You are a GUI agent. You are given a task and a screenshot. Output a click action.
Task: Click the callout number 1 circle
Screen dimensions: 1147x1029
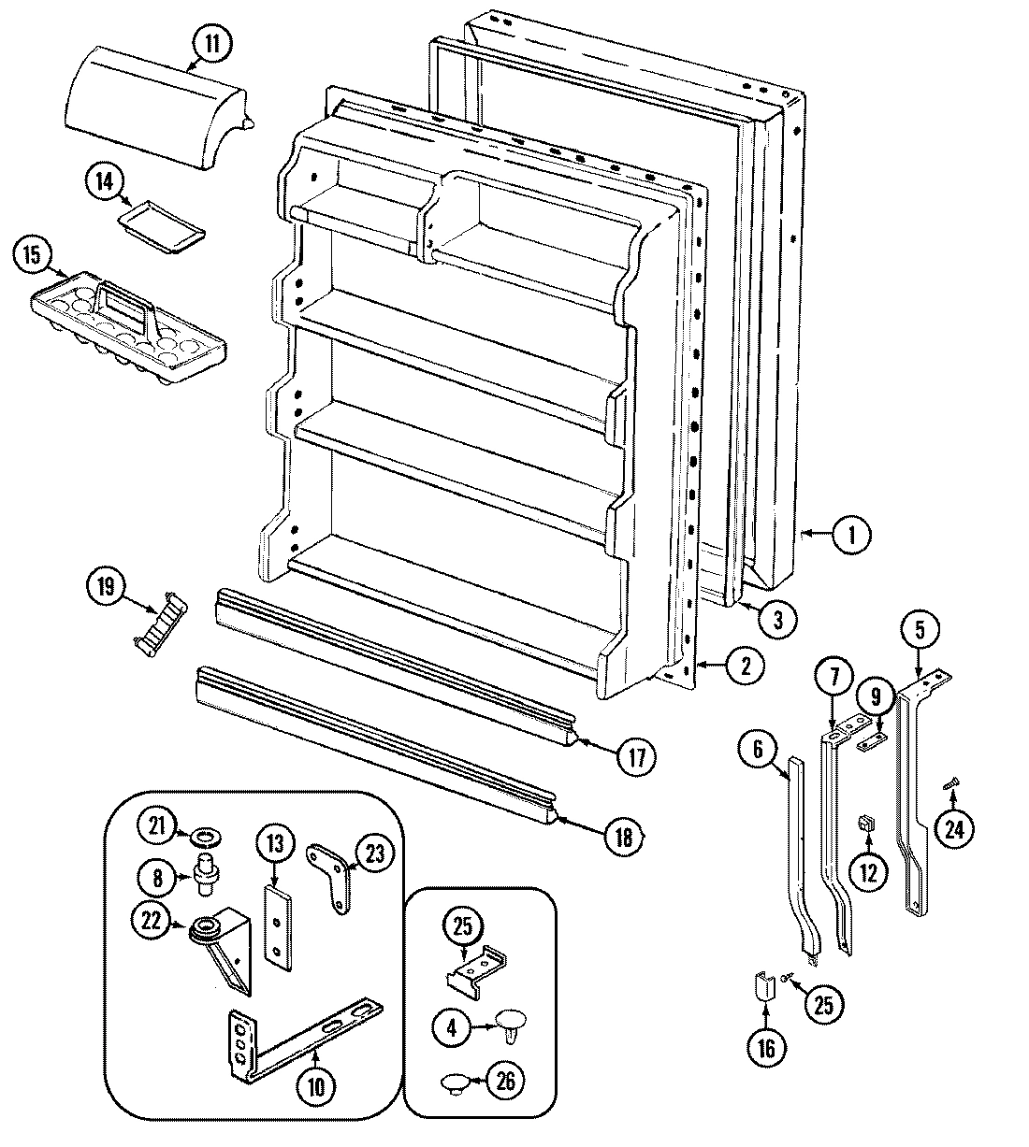click(851, 536)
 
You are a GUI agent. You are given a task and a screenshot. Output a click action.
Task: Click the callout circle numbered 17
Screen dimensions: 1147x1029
click(635, 756)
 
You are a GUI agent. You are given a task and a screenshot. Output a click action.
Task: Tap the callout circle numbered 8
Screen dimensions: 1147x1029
click(157, 877)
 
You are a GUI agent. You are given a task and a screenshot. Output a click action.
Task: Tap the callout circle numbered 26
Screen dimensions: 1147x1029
click(505, 1082)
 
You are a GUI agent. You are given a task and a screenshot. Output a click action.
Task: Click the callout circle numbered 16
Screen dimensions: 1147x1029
click(766, 1049)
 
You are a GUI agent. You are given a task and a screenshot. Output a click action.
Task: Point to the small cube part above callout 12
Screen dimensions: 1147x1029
click(865, 822)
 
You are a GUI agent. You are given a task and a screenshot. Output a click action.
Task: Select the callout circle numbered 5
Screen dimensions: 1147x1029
click(920, 630)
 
